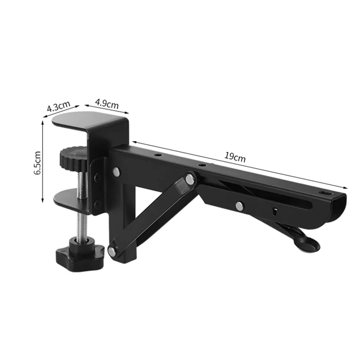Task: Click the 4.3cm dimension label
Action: click(x=58, y=106)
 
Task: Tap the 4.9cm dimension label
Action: click(x=107, y=103)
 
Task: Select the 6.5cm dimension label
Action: click(x=37, y=162)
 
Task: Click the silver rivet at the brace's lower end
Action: click(x=112, y=251)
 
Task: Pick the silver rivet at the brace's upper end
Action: click(x=190, y=179)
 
